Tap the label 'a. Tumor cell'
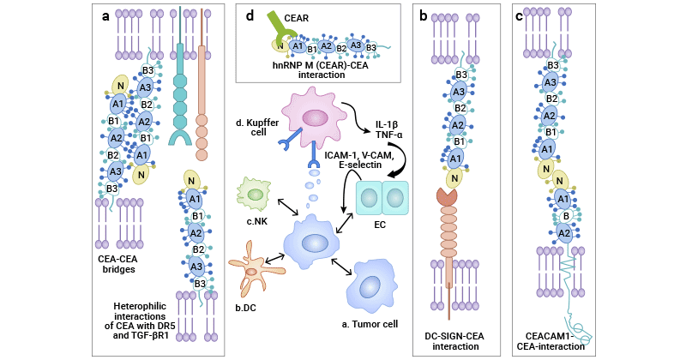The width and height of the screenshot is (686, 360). (x=370, y=324)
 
